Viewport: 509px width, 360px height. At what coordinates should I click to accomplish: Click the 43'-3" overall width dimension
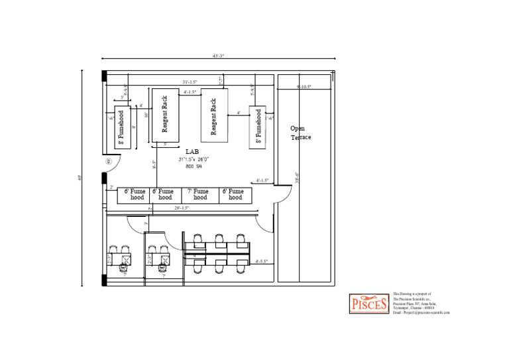(218, 56)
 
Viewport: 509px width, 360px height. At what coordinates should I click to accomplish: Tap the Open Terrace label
(300, 133)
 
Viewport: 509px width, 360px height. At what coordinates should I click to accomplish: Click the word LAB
(183, 152)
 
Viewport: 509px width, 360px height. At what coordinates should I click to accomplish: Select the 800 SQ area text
(194, 166)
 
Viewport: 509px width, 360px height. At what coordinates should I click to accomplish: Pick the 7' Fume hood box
(200, 195)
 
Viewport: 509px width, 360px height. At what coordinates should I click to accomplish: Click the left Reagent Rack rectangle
(165, 115)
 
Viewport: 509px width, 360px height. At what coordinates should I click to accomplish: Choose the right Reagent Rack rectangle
(214, 115)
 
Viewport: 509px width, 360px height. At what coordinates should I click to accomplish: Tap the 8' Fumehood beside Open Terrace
(258, 127)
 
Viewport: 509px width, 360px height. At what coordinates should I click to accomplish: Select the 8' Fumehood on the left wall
(122, 127)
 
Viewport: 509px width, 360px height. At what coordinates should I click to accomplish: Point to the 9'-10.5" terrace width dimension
(304, 87)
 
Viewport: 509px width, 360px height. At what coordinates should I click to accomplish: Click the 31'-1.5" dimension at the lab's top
(190, 82)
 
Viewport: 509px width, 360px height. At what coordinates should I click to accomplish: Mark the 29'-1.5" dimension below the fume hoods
(182, 208)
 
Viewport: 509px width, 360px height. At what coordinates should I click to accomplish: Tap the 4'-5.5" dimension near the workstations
(261, 261)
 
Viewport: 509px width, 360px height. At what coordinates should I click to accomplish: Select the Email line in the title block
(421, 312)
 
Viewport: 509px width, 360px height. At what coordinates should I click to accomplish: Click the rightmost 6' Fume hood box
(235, 195)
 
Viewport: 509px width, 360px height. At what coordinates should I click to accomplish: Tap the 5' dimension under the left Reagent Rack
(165, 144)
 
